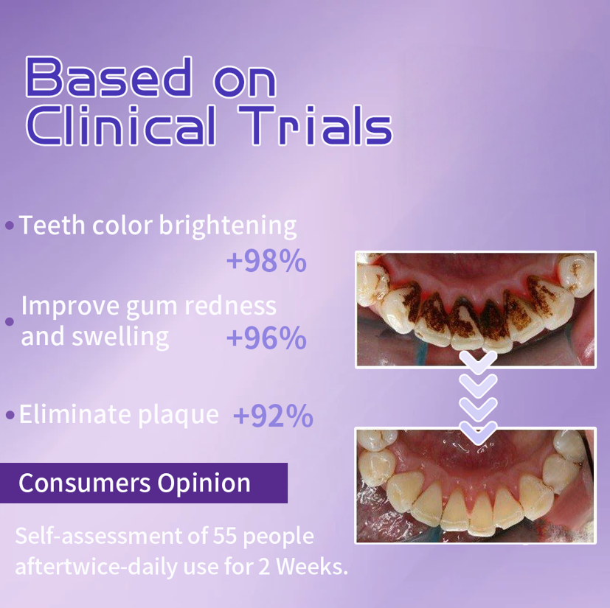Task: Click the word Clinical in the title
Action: (x=121, y=127)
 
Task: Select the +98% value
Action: (x=266, y=261)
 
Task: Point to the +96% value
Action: (x=266, y=338)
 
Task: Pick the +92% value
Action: (x=273, y=416)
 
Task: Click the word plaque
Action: (x=179, y=415)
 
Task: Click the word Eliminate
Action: (x=74, y=414)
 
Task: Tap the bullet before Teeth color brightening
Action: (x=10, y=226)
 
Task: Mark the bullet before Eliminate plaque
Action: (x=10, y=415)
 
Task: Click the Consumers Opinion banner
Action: (x=143, y=483)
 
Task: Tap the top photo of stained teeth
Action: (x=476, y=309)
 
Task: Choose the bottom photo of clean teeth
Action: (x=476, y=486)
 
